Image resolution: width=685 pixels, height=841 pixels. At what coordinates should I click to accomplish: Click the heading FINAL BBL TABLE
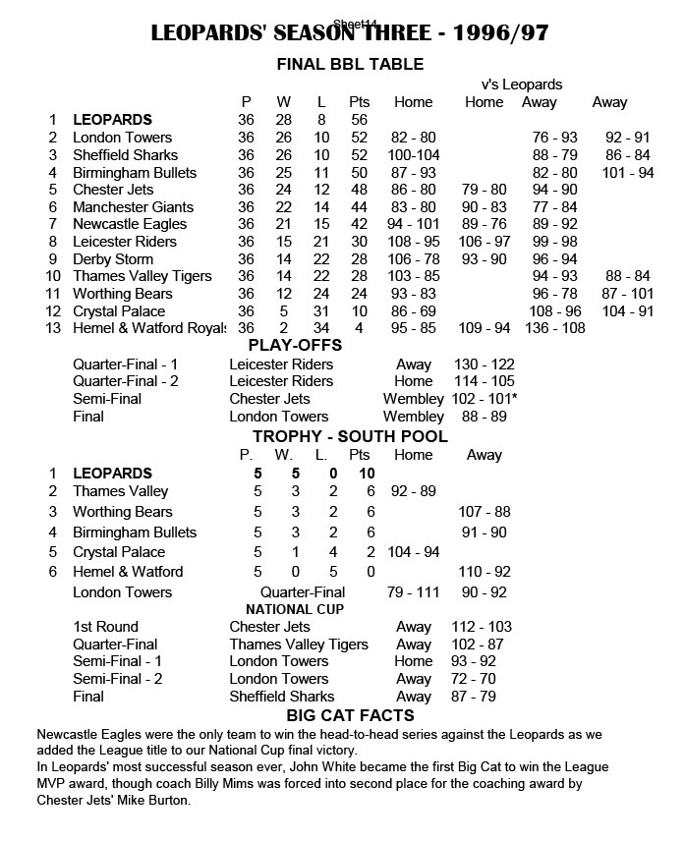coord(350,65)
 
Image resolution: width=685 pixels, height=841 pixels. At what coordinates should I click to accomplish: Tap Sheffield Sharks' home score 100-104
coord(415,155)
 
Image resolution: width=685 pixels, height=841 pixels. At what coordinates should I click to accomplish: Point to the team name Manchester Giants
coord(133,207)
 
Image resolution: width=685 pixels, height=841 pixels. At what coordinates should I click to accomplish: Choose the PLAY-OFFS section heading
coord(295,346)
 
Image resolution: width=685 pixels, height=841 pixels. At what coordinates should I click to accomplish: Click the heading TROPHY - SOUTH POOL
coord(350,435)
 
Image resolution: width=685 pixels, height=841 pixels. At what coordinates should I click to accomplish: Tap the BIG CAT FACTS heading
coord(350,715)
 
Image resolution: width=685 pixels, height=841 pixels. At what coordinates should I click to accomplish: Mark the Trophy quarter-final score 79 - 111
coord(413,591)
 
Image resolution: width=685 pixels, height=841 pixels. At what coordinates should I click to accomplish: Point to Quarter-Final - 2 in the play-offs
coord(125,381)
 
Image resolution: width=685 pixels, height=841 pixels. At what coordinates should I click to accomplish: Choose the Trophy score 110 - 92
coord(485,571)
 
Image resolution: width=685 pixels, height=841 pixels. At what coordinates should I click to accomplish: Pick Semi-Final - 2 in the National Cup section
coord(118,679)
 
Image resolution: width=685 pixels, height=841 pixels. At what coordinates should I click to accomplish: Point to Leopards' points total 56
coord(359,120)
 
